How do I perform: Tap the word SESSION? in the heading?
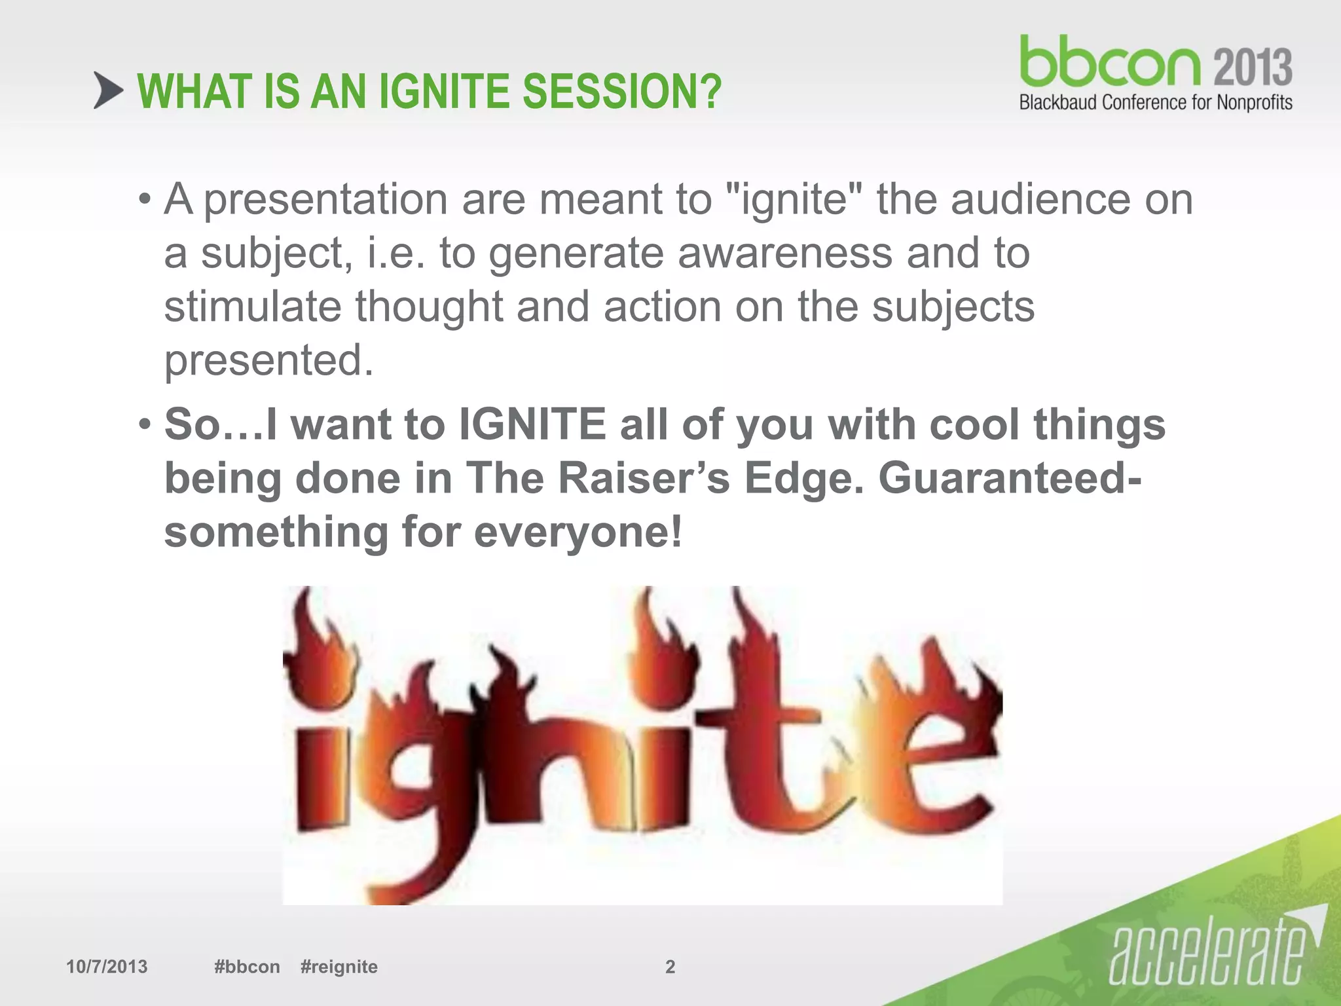621,92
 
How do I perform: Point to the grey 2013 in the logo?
1253,67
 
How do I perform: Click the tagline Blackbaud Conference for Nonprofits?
1156,103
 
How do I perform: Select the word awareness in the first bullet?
784,253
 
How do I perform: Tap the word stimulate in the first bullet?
252,307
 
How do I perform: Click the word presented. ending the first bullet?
268,360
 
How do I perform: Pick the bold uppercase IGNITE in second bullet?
532,424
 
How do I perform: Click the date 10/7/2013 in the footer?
107,967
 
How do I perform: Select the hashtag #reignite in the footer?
339,967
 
